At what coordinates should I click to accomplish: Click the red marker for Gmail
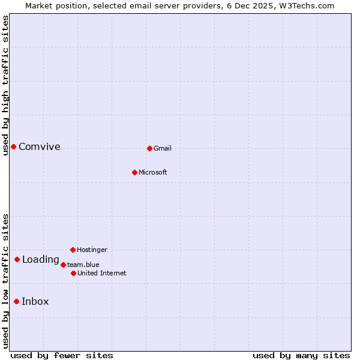pyautogui.click(x=149, y=148)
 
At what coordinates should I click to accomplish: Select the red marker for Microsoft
pyautogui.click(x=134, y=172)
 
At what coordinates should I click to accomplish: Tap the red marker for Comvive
pyautogui.click(x=13, y=146)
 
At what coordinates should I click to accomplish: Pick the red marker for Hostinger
pyautogui.click(x=73, y=250)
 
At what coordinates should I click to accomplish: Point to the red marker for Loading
pyautogui.click(x=17, y=259)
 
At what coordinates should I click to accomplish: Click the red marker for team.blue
pyautogui.click(x=63, y=265)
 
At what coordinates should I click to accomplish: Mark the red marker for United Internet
pyautogui.click(x=73, y=273)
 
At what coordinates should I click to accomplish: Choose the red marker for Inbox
pyautogui.click(x=16, y=301)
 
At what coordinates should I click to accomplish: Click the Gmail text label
pyautogui.click(x=163, y=148)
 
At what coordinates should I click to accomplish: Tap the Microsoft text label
pyautogui.click(x=153, y=172)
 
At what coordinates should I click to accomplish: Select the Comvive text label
pyautogui.click(x=40, y=146)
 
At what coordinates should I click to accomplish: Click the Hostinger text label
pyautogui.click(x=92, y=250)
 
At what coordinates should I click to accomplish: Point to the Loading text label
pyautogui.click(x=40, y=260)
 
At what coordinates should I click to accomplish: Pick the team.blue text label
pyautogui.click(x=83, y=265)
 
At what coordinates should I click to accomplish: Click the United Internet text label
pyautogui.click(x=102, y=273)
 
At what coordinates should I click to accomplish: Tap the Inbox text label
pyautogui.click(x=35, y=301)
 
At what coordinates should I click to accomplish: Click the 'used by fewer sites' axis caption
pyautogui.click(x=62, y=355)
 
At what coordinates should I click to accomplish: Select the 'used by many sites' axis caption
pyautogui.click(x=301, y=355)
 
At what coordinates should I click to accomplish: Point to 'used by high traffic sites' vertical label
pyautogui.click(x=5, y=85)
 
